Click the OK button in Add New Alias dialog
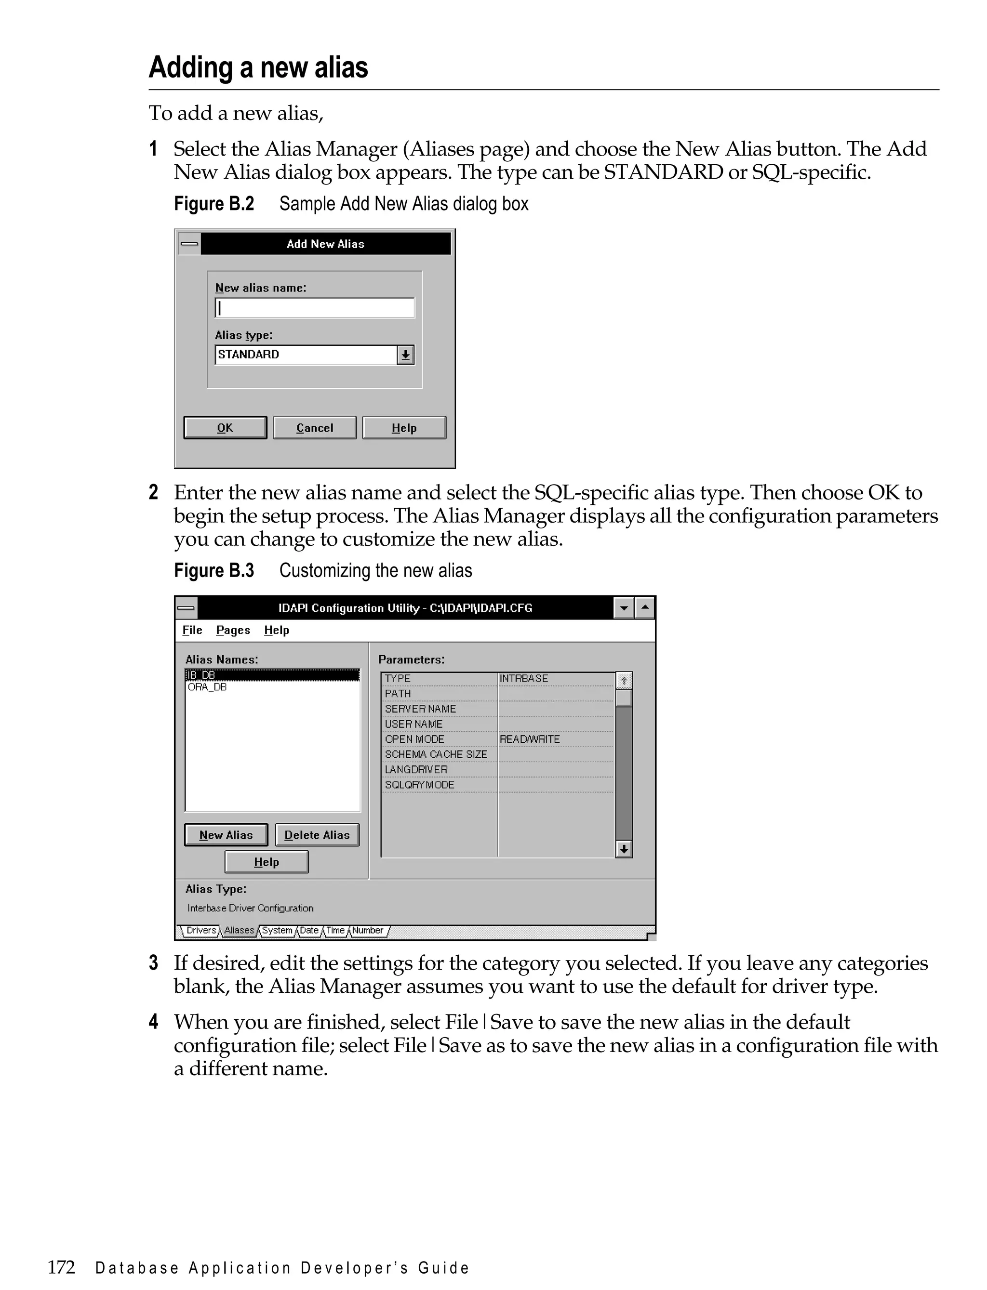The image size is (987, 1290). [x=225, y=427]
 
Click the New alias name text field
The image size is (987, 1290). [x=314, y=308]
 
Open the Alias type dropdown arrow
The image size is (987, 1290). [x=405, y=355]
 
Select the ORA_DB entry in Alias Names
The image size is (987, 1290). [x=207, y=687]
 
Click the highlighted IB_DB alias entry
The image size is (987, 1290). [x=271, y=675]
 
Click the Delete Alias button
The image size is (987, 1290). [x=317, y=835]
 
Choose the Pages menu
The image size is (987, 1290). [x=233, y=630]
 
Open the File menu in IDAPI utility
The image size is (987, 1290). [x=192, y=630]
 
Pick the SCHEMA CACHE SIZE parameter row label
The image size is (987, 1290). [x=436, y=754]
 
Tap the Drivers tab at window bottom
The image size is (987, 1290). [x=201, y=931]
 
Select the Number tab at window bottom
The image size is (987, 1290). [x=367, y=931]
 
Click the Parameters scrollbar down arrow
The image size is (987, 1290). [x=624, y=849]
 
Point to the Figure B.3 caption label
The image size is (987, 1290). [x=214, y=571]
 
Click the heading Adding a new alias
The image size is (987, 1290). [x=258, y=67]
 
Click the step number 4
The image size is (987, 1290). [x=153, y=1022]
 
